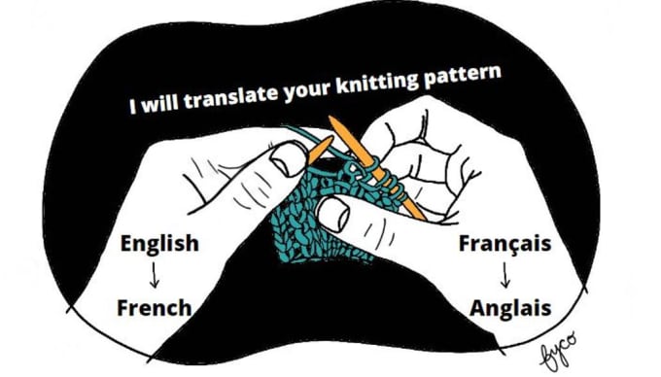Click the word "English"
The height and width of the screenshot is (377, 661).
click(157, 243)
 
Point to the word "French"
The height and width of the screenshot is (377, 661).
click(154, 308)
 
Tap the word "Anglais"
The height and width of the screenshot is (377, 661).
click(510, 308)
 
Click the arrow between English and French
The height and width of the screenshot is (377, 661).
click(155, 275)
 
